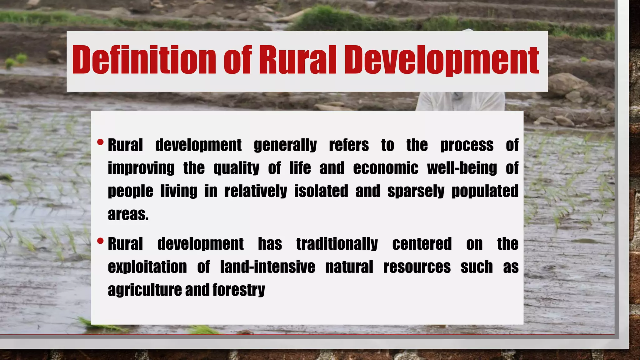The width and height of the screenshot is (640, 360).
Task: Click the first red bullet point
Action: (x=100, y=142)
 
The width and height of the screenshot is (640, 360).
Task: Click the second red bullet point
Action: (x=100, y=241)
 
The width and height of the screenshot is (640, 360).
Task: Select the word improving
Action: (x=141, y=169)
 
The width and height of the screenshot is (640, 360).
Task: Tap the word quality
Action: (x=236, y=169)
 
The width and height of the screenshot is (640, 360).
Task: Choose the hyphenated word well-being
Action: (x=462, y=168)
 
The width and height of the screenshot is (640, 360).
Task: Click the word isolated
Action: (x=321, y=191)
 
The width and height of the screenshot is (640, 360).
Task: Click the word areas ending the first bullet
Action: (x=128, y=214)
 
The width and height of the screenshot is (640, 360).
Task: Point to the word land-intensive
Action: (x=267, y=267)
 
